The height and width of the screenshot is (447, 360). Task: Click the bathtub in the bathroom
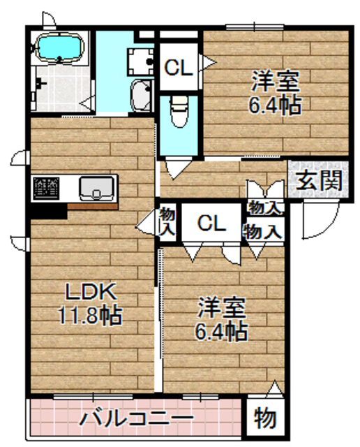click(x=59, y=48)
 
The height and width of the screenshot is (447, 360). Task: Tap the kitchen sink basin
click(x=96, y=188)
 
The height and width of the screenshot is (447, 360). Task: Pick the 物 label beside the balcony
click(x=264, y=419)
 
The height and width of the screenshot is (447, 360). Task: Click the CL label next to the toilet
click(x=178, y=68)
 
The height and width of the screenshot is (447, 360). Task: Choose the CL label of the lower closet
click(x=211, y=223)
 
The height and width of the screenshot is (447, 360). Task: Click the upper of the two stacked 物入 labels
click(x=264, y=207)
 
